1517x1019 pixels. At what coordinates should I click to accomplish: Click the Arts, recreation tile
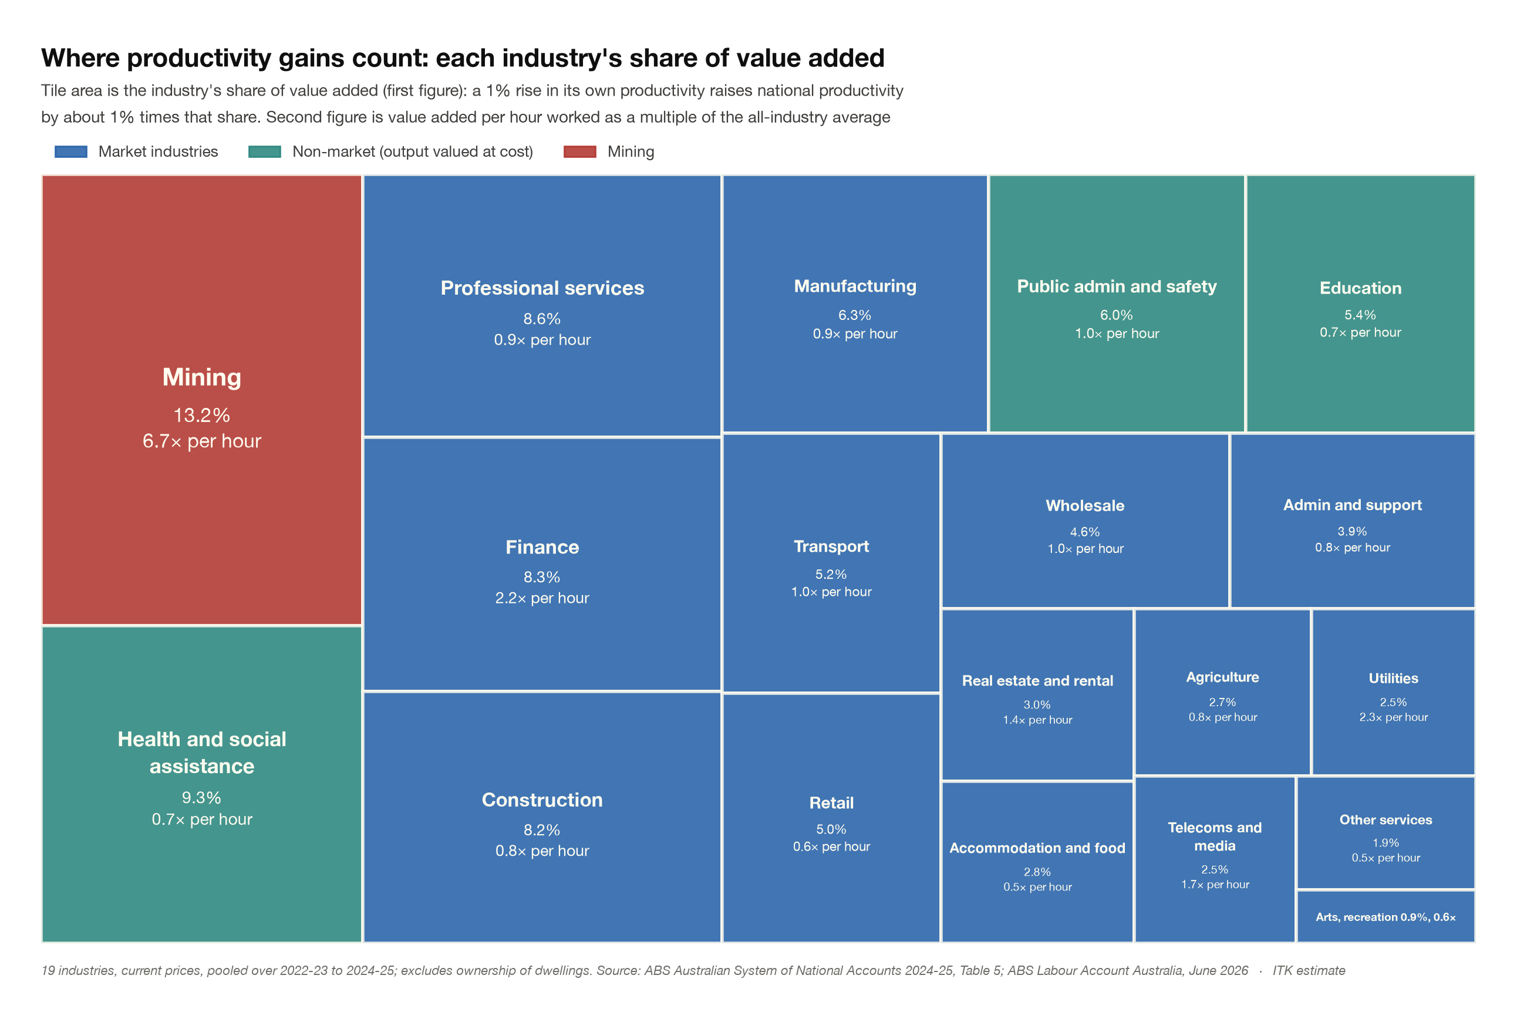tap(1385, 916)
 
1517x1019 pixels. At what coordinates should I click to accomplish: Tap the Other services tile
tap(1385, 832)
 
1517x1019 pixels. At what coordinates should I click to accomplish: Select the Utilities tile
tap(1394, 692)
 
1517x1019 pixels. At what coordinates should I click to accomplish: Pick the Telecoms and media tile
tap(1215, 859)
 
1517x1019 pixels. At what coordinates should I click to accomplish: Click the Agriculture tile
tap(1222, 692)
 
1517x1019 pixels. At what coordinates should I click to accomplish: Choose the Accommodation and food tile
tap(1037, 862)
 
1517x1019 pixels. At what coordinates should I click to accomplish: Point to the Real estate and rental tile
tap(1037, 695)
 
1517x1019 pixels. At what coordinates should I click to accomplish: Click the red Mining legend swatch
tap(580, 151)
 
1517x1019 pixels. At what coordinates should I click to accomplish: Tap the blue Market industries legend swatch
tap(71, 151)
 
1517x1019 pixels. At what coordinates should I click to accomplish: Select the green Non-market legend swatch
tap(265, 151)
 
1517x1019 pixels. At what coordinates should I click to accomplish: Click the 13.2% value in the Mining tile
tap(201, 415)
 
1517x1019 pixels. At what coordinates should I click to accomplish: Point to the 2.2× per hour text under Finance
tap(542, 598)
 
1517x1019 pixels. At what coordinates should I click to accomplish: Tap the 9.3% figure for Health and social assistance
tap(201, 797)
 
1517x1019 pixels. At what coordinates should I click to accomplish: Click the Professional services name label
tap(542, 288)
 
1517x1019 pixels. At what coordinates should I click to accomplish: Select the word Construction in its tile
tap(542, 800)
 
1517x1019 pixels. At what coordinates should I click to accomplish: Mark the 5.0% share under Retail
tap(831, 829)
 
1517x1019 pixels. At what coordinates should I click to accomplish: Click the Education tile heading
tap(1360, 288)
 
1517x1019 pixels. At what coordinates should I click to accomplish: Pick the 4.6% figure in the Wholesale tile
tap(1085, 532)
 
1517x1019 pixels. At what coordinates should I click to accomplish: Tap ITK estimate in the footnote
tap(1309, 970)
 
